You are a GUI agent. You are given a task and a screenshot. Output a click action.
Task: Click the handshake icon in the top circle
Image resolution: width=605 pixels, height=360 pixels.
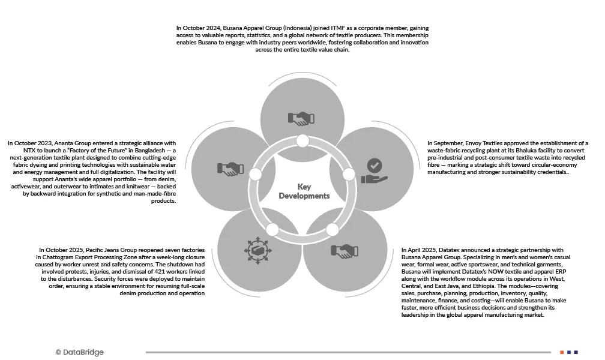(301, 117)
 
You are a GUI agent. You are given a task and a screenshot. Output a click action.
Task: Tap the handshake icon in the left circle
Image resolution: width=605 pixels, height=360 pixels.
(230, 170)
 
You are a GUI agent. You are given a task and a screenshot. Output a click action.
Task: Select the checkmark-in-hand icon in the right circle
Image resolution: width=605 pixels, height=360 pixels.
(374, 170)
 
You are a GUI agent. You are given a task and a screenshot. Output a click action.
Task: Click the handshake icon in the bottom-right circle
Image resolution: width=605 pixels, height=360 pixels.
(345, 250)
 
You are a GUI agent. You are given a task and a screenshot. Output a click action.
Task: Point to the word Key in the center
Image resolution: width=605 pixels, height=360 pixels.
(304, 187)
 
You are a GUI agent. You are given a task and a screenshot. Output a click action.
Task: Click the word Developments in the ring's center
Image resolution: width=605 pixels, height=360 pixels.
(304, 196)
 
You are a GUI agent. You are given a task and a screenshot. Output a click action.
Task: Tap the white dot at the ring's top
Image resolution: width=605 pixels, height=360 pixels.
(302, 141)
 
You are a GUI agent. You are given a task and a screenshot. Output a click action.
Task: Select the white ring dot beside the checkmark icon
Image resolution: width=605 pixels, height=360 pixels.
(349, 174)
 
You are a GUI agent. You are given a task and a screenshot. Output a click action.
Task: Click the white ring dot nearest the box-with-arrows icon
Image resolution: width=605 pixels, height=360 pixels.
(272, 230)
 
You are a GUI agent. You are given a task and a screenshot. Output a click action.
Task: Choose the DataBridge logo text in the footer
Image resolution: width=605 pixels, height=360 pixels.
(79, 352)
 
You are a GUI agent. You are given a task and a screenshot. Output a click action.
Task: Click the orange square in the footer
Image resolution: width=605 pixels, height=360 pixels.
(562, 352)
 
